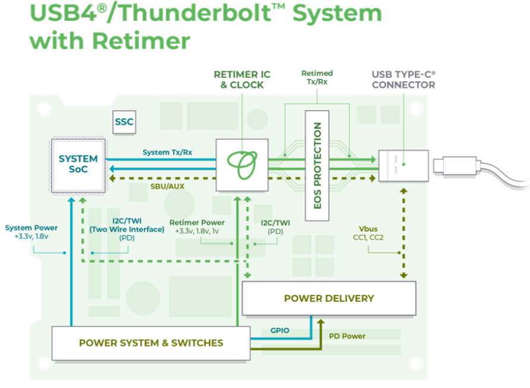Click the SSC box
tap(124, 122)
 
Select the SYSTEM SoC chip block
tap(78, 165)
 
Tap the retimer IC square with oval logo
tap(241, 165)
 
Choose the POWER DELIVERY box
tap(329, 298)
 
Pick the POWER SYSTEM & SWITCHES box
tap(151, 343)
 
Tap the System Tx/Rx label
tap(168, 152)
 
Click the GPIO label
tap(280, 330)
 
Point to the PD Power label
tap(348, 336)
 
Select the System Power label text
tap(31, 228)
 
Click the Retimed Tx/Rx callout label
tap(317, 77)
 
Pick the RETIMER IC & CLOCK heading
tap(242, 79)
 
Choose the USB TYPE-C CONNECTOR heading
tap(403, 79)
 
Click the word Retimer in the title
tap(141, 40)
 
